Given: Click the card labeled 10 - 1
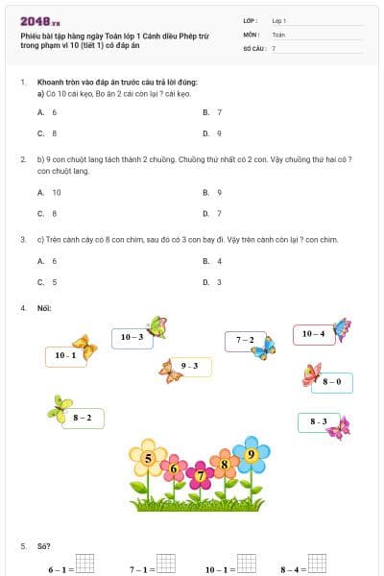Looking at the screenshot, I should (x=65, y=356).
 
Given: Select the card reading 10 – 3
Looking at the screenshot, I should (x=132, y=337).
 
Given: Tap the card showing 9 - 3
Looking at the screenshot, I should (x=189, y=366).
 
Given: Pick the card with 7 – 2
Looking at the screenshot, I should (x=245, y=340).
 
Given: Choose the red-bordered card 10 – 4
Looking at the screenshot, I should (x=313, y=334).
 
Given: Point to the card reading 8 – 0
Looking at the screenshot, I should (x=332, y=382).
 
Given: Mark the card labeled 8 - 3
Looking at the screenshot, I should (x=318, y=421).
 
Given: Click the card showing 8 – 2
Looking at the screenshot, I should (x=83, y=418).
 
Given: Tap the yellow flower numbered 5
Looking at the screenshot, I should (x=148, y=460).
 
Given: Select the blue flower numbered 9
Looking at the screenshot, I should (x=251, y=454).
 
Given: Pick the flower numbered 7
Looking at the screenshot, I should (x=200, y=475).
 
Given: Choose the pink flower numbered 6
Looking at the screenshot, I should (x=174, y=469).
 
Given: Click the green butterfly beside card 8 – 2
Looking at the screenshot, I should (x=60, y=407).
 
